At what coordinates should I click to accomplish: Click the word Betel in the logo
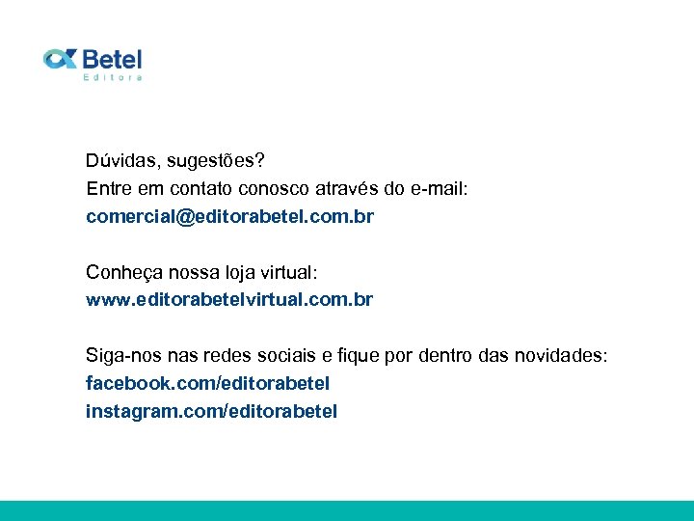tap(112, 59)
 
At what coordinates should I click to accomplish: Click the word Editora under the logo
tap(113, 77)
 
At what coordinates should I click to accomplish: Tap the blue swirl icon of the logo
tap(60, 60)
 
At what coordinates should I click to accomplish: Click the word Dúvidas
tap(118, 160)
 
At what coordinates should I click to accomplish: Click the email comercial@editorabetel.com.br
tap(229, 216)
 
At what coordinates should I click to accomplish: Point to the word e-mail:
tap(439, 188)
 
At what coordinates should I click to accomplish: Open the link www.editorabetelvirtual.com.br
tap(229, 299)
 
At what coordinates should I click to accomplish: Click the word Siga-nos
tap(119, 356)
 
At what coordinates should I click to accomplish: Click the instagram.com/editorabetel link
tap(211, 412)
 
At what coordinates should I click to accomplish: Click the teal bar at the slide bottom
tap(347, 510)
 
